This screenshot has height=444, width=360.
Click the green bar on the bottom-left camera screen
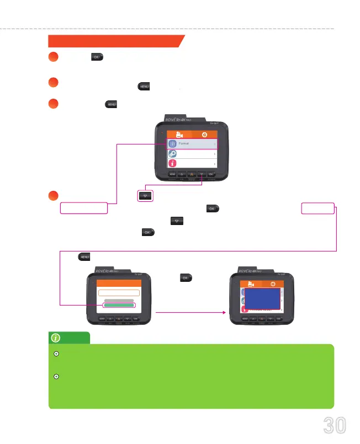(119, 304)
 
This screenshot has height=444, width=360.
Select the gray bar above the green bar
(119, 299)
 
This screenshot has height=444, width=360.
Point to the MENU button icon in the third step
(111, 104)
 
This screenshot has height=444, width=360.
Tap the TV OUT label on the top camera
(220, 124)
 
